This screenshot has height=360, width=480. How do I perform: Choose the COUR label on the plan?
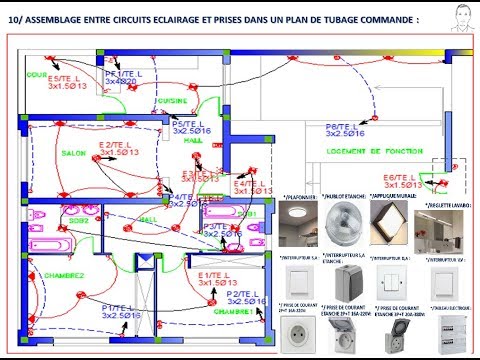(38, 74)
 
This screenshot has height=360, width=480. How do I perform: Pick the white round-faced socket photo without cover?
(303, 331)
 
